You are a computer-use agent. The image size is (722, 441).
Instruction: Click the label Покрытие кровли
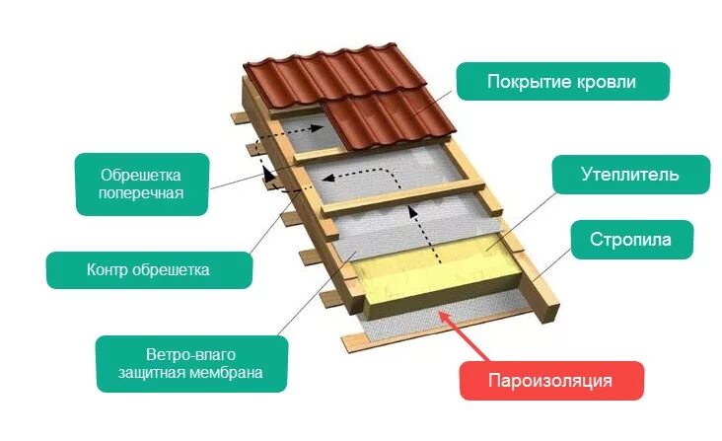pyautogui.click(x=562, y=82)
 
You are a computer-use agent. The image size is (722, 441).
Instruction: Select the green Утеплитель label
pyautogui.click(x=629, y=175)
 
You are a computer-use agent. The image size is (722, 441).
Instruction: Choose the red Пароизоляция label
pyautogui.click(x=552, y=380)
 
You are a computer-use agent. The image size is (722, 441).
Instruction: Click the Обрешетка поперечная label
pyautogui.click(x=142, y=184)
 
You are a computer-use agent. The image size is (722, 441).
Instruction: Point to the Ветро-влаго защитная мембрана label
pyautogui.click(x=191, y=363)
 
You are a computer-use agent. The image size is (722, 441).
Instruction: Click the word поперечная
pyautogui.click(x=142, y=193)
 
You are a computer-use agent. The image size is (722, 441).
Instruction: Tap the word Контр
pyautogui.click(x=108, y=267)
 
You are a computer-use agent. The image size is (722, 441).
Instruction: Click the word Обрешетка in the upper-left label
pyautogui.click(x=142, y=174)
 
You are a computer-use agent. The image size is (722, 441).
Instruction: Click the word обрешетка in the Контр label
pyautogui.click(x=170, y=267)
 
